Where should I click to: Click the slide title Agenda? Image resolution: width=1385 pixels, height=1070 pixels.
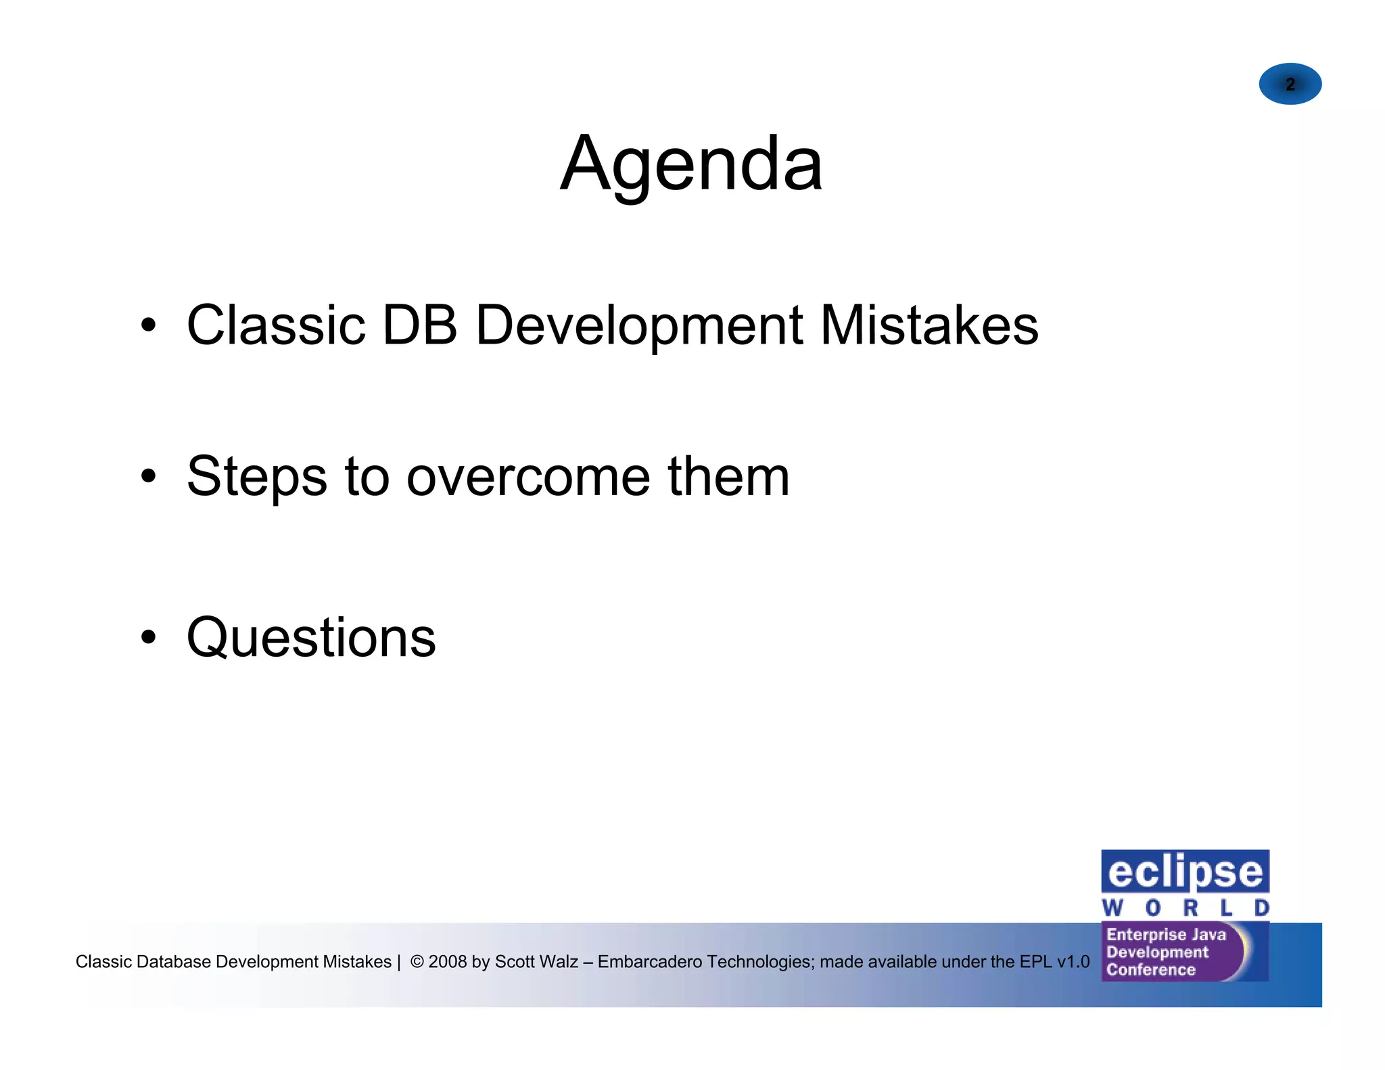pyautogui.click(x=691, y=164)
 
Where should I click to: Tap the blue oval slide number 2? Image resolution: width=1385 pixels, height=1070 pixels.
pyautogui.click(x=1290, y=84)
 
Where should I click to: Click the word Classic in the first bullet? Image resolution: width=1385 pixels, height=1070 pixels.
pyautogui.click(x=276, y=325)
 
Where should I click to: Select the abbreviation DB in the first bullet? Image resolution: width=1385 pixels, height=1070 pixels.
pyautogui.click(x=419, y=325)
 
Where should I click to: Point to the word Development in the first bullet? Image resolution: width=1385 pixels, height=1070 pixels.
pyautogui.click(x=640, y=327)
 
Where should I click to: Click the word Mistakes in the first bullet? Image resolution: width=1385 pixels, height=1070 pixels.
pyautogui.click(x=929, y=325)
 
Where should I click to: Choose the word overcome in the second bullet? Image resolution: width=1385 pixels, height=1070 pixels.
pyautogui.click(x=528, y=478)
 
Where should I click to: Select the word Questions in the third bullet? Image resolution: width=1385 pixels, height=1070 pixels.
pyautogui.click(x=311, y=638)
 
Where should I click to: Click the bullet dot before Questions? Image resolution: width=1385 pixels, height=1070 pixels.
pyautogui.click(x=149, y=637)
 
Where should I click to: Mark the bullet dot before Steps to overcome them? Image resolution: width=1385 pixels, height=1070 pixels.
pyautogui.click(x=149, y=476)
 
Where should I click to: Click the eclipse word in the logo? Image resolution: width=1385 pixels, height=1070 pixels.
pyautogui.click(x=1185, y=873)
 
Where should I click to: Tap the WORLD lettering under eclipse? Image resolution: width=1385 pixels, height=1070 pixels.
pyautogui.click(x=1185, y=908)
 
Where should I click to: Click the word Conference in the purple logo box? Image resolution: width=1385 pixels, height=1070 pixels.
pyautogui.click(x=1150, y=970)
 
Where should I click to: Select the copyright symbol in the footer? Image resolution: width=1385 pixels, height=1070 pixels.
pyautogui.click(x=417, y=961)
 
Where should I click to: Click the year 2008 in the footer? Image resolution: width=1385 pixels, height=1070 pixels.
pyautogui.click(x=448, y=961)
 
